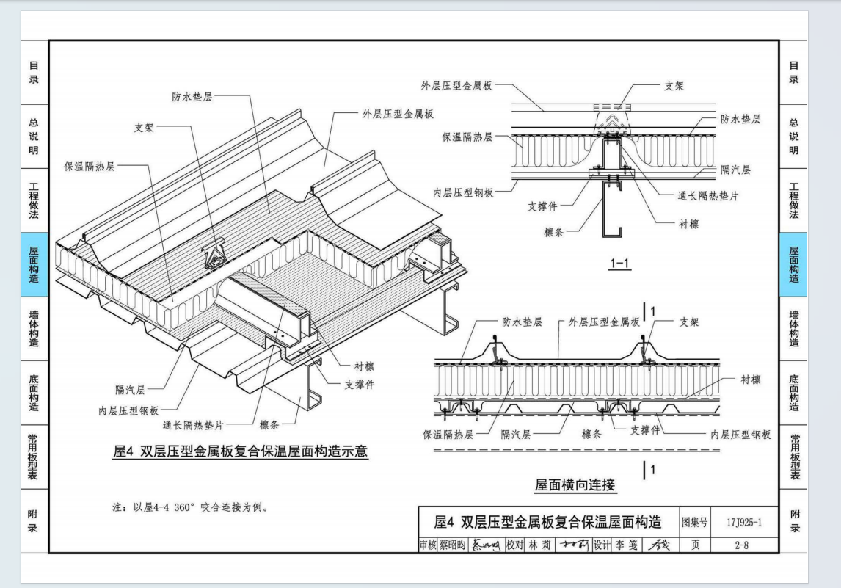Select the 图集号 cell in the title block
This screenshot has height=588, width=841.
[695, 523]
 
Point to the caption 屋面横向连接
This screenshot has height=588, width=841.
[575, 485]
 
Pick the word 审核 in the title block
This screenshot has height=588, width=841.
[428, 545]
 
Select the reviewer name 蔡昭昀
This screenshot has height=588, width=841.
[452, 545]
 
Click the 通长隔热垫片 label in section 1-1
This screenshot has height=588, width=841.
[707, 196]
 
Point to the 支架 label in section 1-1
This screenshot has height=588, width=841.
[674, 86]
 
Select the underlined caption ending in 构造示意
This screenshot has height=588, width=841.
[240, 451]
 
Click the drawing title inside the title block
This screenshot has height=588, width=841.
[547, 523]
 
